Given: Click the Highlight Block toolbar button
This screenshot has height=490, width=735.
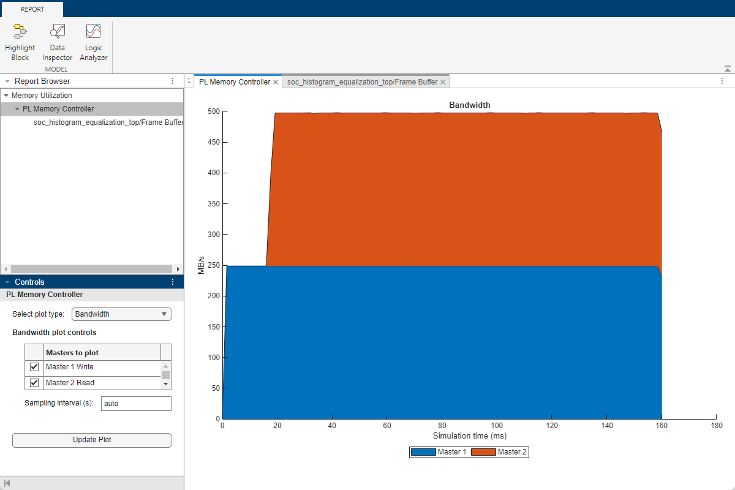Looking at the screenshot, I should click(x=20, y=42).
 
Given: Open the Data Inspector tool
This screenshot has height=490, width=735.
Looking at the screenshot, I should click(x=57, y=42).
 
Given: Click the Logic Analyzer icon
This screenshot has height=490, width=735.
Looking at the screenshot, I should click(x=93, y=42).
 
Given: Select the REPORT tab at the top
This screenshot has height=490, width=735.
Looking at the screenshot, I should click(x=32, y=9).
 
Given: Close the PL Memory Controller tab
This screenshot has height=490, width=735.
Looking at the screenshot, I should click(x=276, y=82).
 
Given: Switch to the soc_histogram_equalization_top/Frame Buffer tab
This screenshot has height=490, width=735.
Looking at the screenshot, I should click(x=362, y=82).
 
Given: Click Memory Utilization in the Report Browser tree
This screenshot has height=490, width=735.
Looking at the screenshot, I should click(x=42, y=96).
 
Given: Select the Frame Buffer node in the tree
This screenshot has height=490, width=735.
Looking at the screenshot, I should click(x=108, y=123).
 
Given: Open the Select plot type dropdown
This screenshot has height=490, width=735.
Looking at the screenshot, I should click(x=121, y=314).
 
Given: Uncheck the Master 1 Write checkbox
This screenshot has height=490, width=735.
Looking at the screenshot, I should click(x=34, y=367).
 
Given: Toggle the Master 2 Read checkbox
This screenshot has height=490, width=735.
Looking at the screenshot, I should click(x=34, y=383).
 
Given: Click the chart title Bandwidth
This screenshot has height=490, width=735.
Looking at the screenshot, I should click(x=470, y=105).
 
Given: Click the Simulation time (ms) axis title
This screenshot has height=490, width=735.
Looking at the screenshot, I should click(x=470, y=436).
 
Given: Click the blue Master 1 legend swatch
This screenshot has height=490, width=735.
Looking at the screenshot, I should click(x=423, y=452).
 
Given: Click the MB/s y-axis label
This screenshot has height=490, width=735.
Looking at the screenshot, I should click(x=201, y=265).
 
